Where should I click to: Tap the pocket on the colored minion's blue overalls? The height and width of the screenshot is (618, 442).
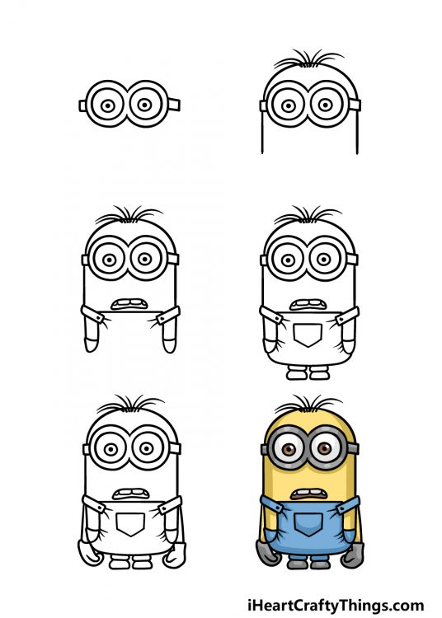point(309,521)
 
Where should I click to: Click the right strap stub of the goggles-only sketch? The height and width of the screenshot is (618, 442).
point(174,105)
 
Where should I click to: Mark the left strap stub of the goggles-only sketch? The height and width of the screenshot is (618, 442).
point(82,105)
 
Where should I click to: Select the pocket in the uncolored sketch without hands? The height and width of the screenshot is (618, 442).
point(309,334)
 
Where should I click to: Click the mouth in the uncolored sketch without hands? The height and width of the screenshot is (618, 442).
point(309,305)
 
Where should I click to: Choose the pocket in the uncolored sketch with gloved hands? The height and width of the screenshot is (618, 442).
point(129,523)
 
